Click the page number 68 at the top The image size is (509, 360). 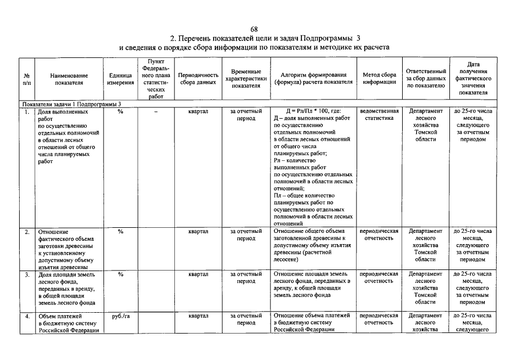click(x=254, y=29)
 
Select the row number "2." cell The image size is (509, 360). click(x=28, y=231)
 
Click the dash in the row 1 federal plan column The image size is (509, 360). click(x=155, y=111)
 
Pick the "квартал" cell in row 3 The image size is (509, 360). click(x=198, y=274)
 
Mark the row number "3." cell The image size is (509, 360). click(x=28, y=274)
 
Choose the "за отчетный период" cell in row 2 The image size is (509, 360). click(x=246, y=235)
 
